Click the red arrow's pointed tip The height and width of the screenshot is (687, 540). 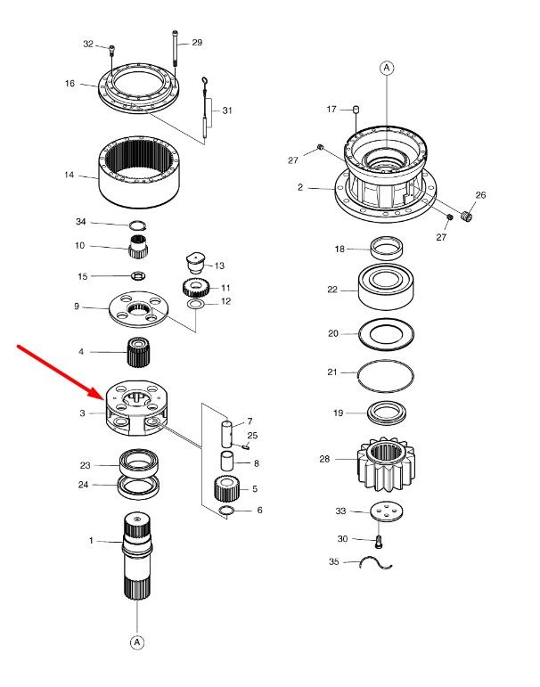(104, 399)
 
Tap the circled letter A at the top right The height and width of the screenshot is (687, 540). (387, 68)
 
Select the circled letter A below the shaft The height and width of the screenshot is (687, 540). (137, 642)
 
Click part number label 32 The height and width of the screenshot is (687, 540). (88, 44)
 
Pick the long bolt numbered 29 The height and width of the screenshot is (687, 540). (176, 48)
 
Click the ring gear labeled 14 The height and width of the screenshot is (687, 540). (138, 172)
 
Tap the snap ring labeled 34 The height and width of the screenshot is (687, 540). (137, 225)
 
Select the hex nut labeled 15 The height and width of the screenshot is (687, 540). (138, 275)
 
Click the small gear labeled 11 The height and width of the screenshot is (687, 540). (195, 288)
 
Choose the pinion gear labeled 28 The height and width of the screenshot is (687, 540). (386, 464)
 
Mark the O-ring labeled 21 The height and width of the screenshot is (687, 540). (386, 376)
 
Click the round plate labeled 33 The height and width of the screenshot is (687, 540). (387, 511)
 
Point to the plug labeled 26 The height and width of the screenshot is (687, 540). (467, 216)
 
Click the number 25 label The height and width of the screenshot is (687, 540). (252, 436)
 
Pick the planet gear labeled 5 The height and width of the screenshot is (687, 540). (226, 489)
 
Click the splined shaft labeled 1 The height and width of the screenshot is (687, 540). (137, 555)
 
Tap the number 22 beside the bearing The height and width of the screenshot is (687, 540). (332, 290)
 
